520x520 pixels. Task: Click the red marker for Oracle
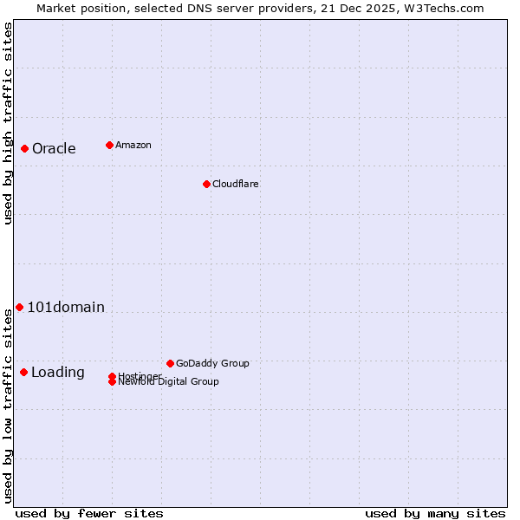coord(25,148)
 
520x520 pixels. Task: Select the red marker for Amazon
coord(109,145)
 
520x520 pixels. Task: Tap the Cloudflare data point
coord(206,184)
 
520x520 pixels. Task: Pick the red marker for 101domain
coord(19,307)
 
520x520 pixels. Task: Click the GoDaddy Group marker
coord(170,363)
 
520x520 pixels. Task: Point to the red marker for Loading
coord(23,372)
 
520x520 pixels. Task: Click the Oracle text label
coord(54,148)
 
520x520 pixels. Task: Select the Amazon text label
coord(133,145)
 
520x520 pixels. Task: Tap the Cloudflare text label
coord(236,184)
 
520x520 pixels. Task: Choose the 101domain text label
coord(66,307)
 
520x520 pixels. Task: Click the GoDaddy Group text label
coord(212,363)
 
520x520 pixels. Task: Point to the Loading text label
coord(58,372)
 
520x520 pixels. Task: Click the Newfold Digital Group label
coord(169,382)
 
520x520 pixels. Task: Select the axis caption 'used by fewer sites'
coord(89,513)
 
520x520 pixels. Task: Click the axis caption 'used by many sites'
coord(435,513)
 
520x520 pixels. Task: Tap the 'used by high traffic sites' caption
coord(8,122)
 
